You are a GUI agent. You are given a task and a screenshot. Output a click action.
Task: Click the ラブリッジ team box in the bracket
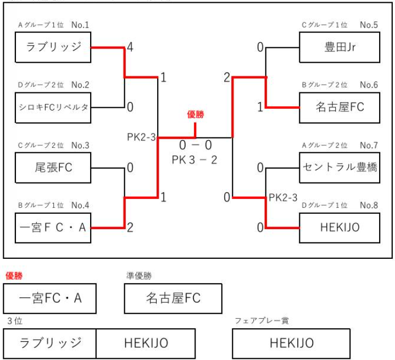pyautogui.click(x=54, y=47)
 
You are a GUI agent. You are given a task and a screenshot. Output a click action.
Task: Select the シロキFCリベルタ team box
pyautogui.click(x=54, y=107)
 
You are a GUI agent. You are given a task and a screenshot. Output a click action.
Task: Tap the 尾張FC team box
pyautogui.click(x=54, y=167)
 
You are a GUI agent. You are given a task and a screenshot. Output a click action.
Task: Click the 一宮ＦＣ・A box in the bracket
pyautogui.click(x=54, y=226)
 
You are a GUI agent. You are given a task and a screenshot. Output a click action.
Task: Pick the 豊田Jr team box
pyautogui.click(x=340, y=47)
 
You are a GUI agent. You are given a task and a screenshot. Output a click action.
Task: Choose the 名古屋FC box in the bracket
pyautogui.click(x=340, y=107)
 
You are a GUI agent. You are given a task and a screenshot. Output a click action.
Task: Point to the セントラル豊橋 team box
pyautogui.click(x=340, y=167)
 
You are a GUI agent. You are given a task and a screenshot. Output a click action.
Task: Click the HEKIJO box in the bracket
pyautogui.click(x=340, y=226)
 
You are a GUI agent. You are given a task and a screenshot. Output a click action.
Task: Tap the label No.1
pyautogui.click(x=80, y=25)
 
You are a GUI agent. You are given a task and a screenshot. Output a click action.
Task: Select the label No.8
pyautogui.click(x=369, y=205)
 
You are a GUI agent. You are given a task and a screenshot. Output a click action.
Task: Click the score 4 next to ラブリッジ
pyautogui.click(x=130, y=47)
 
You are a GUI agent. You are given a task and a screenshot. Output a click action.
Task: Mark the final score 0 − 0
pyautogui.click(x=194, y=146)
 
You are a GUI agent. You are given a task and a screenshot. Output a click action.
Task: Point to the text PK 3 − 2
pyautogui.click(x=195, y=159)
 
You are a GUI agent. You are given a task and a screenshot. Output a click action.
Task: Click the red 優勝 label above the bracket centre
pyautogui.click(x=196, y=114)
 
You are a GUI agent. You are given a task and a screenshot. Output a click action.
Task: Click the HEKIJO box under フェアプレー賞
pyautogui.click(x=291, y=344)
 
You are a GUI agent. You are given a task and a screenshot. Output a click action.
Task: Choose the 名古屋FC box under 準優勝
pyautogui.click(x=173, y=298)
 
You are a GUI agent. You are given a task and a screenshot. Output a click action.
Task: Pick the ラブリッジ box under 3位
pyautogui.click(x=50, y=344)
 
